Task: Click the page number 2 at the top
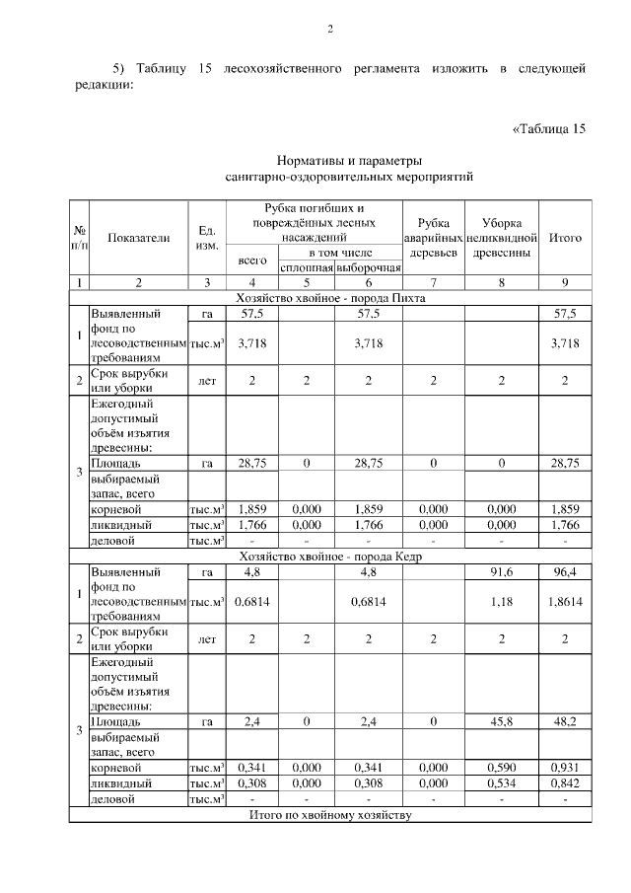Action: pyautogui.click(x=330, y=31)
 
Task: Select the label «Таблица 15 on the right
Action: pyautogui.click(x=549, y=129)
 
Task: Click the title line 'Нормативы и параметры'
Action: pyautogui.click(x=349, y=161)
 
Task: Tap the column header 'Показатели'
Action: pyautogui.click(x=139, y=238)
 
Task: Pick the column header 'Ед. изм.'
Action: pyautogui.click(x=207, y=238)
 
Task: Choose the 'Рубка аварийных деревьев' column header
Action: pyautogui.click(x=434, y=238)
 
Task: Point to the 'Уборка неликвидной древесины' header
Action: pyautogui.click(x=502, y=238)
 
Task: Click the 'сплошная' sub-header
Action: pyautogui.click(x=307, y=268)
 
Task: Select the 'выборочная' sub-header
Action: pyautogui.click(x=369, y=268)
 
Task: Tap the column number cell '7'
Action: pyautogui.click(x=434, y=283)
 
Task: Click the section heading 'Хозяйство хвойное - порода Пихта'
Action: pyautogui.click(x=330, y=297)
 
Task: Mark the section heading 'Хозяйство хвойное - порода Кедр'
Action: pyautogui.click(x=330, y=557)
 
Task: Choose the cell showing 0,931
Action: pyautogui.click(x=565, y=767)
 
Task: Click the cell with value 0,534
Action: pyautogui.click(x=502, y=782)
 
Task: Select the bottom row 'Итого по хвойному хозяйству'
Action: pyautogui.click(x=330, y=815)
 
